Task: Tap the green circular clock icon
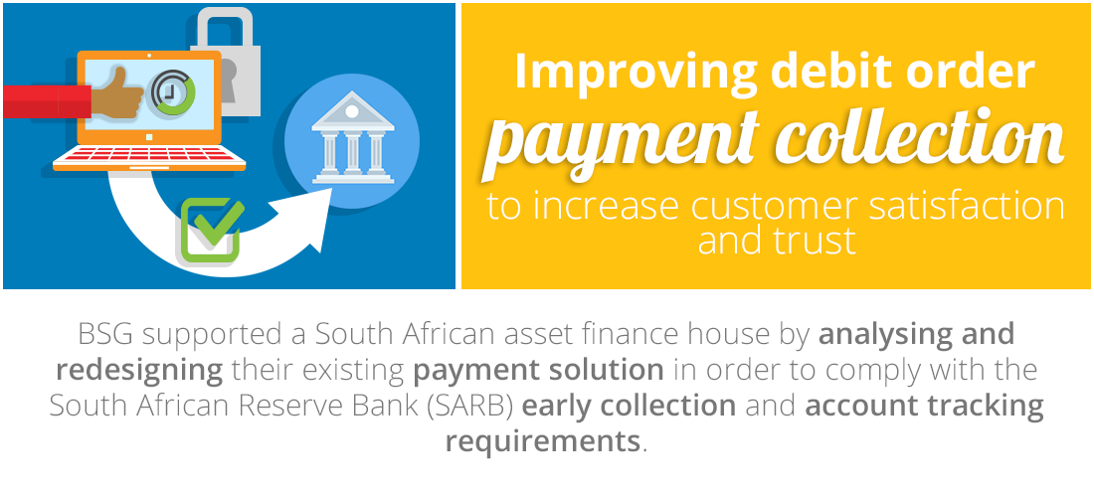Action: (173, 92)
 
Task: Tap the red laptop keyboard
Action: (149, 155)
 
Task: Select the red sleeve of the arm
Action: (47, 101)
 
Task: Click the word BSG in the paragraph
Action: (104, 335)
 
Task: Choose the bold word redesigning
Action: (139, 370)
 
